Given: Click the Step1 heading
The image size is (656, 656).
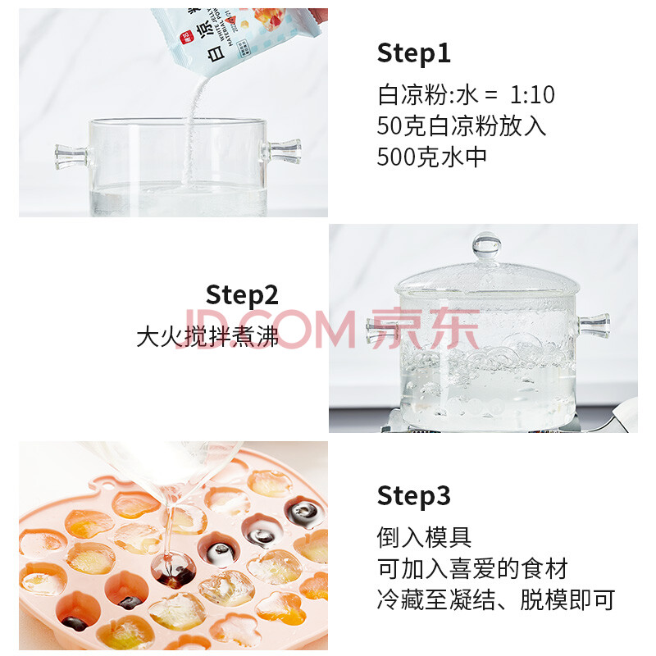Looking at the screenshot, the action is tap(413, 53).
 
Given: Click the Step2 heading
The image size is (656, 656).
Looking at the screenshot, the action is tap(242, 295).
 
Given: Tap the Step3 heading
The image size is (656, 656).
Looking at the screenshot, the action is tap(413, 496).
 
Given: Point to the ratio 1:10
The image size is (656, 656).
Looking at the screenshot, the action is tap(532, 95).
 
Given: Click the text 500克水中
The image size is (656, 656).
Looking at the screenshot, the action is tap(431, 157).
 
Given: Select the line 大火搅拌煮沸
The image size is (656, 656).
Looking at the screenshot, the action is tap(207, 337).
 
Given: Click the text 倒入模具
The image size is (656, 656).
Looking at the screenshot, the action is tap(424, 538).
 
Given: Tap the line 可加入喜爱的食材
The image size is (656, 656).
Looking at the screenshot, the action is tap(472, 568).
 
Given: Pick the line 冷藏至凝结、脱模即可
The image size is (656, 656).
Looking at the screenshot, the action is tap(496, 600).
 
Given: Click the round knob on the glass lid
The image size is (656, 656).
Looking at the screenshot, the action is tap(486, 245).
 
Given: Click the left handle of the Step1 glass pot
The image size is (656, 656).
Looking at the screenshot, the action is tap(72, 157).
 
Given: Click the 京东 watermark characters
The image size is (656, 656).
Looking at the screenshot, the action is tap(425, 329).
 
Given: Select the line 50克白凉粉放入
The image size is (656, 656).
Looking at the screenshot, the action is tap(462, 126).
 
